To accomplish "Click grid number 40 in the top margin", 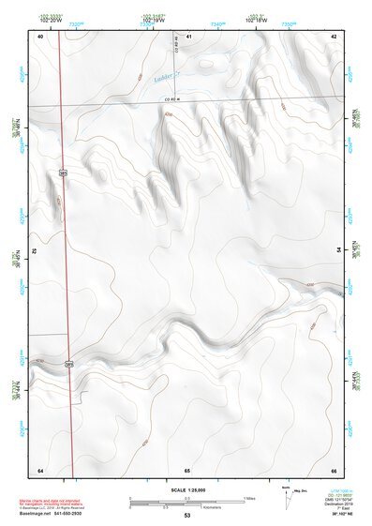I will (40, 36).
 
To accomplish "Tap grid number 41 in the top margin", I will (188, 36).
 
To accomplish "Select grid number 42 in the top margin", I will (335, 36).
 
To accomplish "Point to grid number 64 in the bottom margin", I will (40, 469).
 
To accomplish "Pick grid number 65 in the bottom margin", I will (187, 469).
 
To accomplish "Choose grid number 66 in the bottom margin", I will (335, 469).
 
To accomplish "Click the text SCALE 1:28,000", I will (187, 490).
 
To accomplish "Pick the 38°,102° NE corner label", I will (338, 514).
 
